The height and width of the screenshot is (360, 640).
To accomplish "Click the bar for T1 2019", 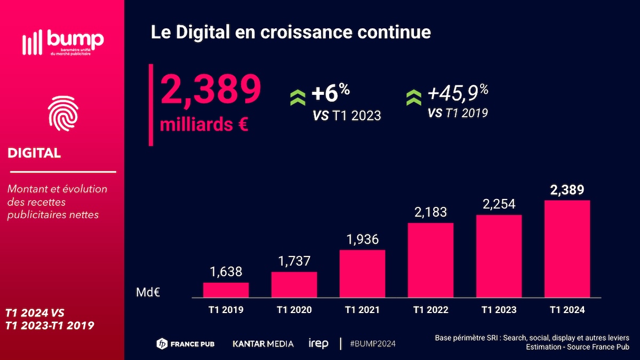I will pyautogui.click(x=226, y=290).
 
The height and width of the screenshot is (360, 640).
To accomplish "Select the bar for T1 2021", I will pyautogui.click(x=362, y=274).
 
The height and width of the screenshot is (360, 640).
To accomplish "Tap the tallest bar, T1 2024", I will pyautogui.click(x=567, y=249).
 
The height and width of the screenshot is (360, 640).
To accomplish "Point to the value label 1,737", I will pyautogui.click(x=294, y=262).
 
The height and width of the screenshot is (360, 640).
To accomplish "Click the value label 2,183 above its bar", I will pyautogui.click(x=430, y=212).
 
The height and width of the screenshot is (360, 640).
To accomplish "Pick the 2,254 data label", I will pyautogui.click(x=499, y=204).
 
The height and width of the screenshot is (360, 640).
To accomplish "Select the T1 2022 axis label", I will pyautogui.click(x=430, y=310).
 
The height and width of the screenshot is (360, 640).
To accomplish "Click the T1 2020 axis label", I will pyautogui.click(x=294, y=310).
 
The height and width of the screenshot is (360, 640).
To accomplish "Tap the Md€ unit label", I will pyautogui.click(x=149, y=292).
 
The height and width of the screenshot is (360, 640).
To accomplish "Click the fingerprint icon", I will pyautogui.click(x=62, y=113).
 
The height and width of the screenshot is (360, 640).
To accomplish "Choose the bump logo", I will pyautogui.click(x=62, y=42).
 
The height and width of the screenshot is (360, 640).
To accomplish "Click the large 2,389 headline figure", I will pyautogui.click(x=211, y=90).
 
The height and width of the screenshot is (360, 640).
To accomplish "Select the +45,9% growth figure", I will pyautogui.click(x=458, y=94).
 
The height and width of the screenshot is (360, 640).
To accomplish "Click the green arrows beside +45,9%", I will pyautogui.click(x=414, y=97).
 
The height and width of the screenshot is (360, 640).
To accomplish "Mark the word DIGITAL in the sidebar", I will pyautogui.click(x=34, y=153).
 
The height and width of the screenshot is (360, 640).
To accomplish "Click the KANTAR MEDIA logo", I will pyautogui.click(x=263, y=343).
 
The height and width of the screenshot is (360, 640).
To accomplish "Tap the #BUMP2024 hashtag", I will pyautogui.click(x=373, y=343).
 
